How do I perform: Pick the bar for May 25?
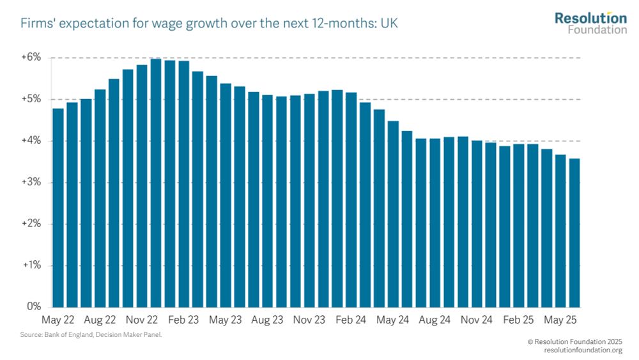click(560, 231)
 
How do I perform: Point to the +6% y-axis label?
click(32, 58)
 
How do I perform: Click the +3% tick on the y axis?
click(32, 182)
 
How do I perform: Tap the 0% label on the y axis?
click(35, 306)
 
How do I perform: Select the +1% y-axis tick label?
click(32, 265)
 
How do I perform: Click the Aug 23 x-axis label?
click(267, 318)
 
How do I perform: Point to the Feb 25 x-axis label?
click(518, 318)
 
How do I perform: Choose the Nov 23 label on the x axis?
click(309, 318)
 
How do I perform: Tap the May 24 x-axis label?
click(393, 318)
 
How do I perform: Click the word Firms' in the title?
click(38, 24)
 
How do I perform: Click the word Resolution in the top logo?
click(590, 19)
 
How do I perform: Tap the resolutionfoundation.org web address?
click(583, 350)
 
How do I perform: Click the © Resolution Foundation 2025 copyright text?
click(574, 342)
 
